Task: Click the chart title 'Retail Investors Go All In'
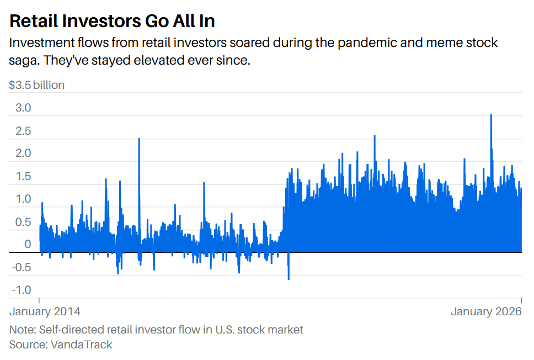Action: (112, 21)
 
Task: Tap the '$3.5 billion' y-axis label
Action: (37, 85)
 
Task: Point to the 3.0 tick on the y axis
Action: (23, 108)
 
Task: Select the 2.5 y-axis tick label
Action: (23, 131)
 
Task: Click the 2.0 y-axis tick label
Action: (23, 153)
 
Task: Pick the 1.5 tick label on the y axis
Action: (23, 177)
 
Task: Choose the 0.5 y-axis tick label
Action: (23, 222)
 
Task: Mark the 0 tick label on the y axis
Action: (28, 245)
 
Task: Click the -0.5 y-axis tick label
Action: (22, 268)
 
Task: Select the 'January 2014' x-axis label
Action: (45, 312)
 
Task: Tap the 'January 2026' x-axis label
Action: (486, 312)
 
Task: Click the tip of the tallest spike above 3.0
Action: (491, 115)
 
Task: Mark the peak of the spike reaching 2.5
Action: (139, 139)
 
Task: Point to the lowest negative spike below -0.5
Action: (289, 279)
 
